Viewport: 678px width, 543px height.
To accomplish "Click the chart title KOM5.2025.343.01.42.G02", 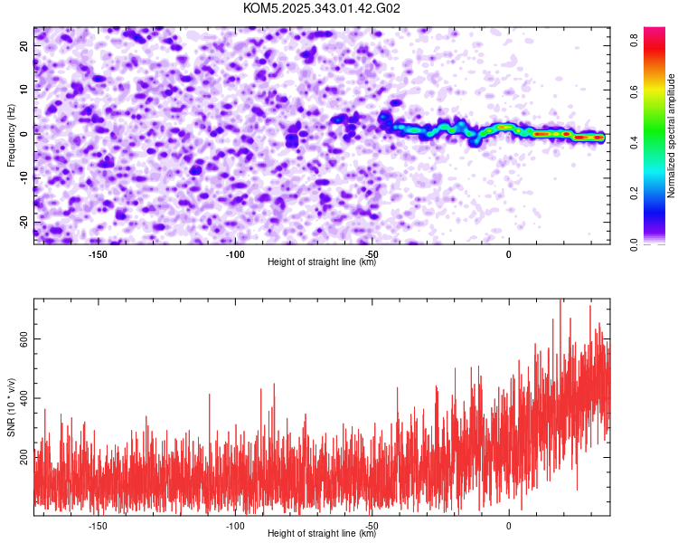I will tap(322, 9).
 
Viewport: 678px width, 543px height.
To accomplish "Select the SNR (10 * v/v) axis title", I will tap(11, 407).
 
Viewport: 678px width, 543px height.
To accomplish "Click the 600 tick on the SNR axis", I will tap(22, 338).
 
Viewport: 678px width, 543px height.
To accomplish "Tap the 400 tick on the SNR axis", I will tap(22, 398).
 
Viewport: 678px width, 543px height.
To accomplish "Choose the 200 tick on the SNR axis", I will tap(22, 459).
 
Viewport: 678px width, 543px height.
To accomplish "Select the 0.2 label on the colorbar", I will tap(636, 193).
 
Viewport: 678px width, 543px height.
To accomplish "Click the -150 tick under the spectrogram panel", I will tap(98, 254).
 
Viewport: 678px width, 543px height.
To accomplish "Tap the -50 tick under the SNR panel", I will tap(372, 525).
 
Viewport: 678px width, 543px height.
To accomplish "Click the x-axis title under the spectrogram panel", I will tap(322, 263).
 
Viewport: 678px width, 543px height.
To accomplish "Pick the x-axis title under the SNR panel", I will tap(322, 534).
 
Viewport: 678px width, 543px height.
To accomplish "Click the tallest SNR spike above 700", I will tap(560, 300).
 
